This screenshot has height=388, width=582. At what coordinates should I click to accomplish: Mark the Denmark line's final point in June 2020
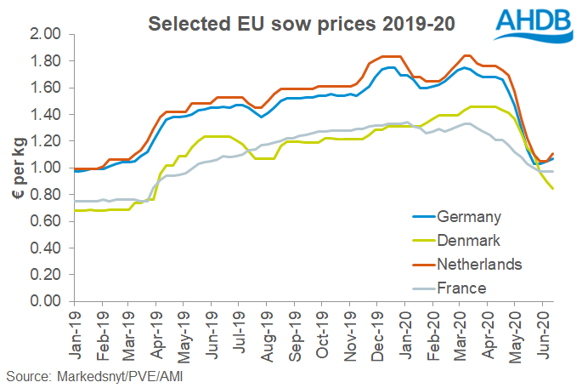click(553, 190)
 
